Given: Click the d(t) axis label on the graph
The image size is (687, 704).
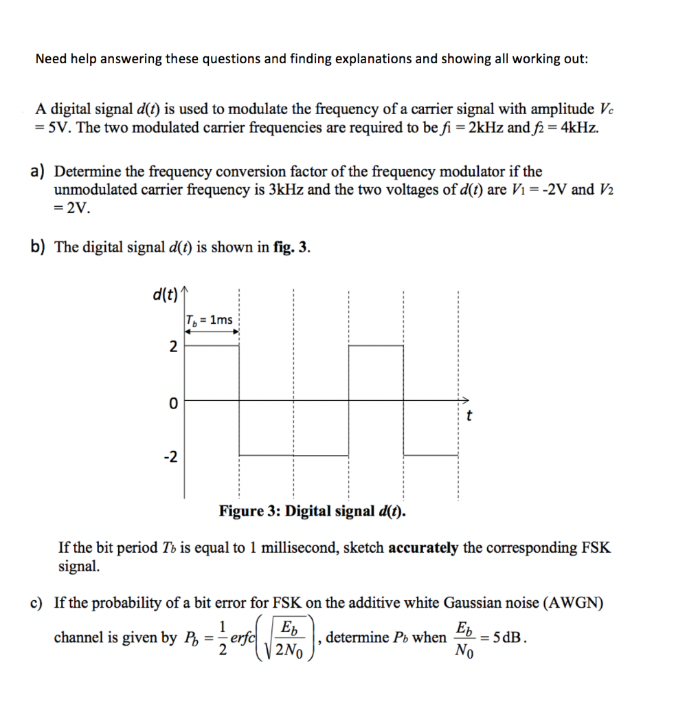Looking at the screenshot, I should [165, 295].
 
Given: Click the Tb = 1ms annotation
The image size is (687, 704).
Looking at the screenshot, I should [210, 320].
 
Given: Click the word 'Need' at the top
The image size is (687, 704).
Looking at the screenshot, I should [51, 58].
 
